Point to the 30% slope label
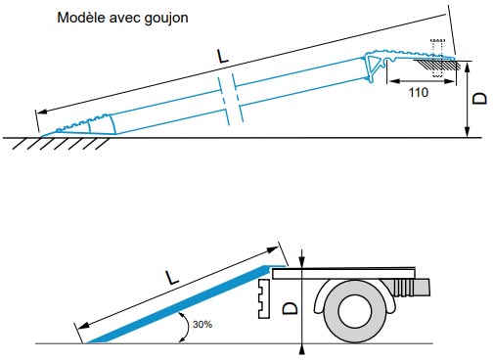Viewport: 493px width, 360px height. pos(202,323)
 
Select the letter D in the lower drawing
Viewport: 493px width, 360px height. pos(290,309)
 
